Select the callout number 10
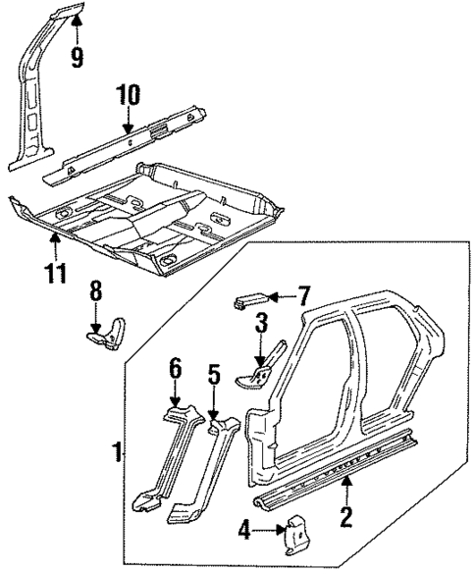click(129, 96)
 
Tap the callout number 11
click(56, 270)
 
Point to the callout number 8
click(95, 292)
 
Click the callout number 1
click(117, 453)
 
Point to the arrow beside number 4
click(267, 532)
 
